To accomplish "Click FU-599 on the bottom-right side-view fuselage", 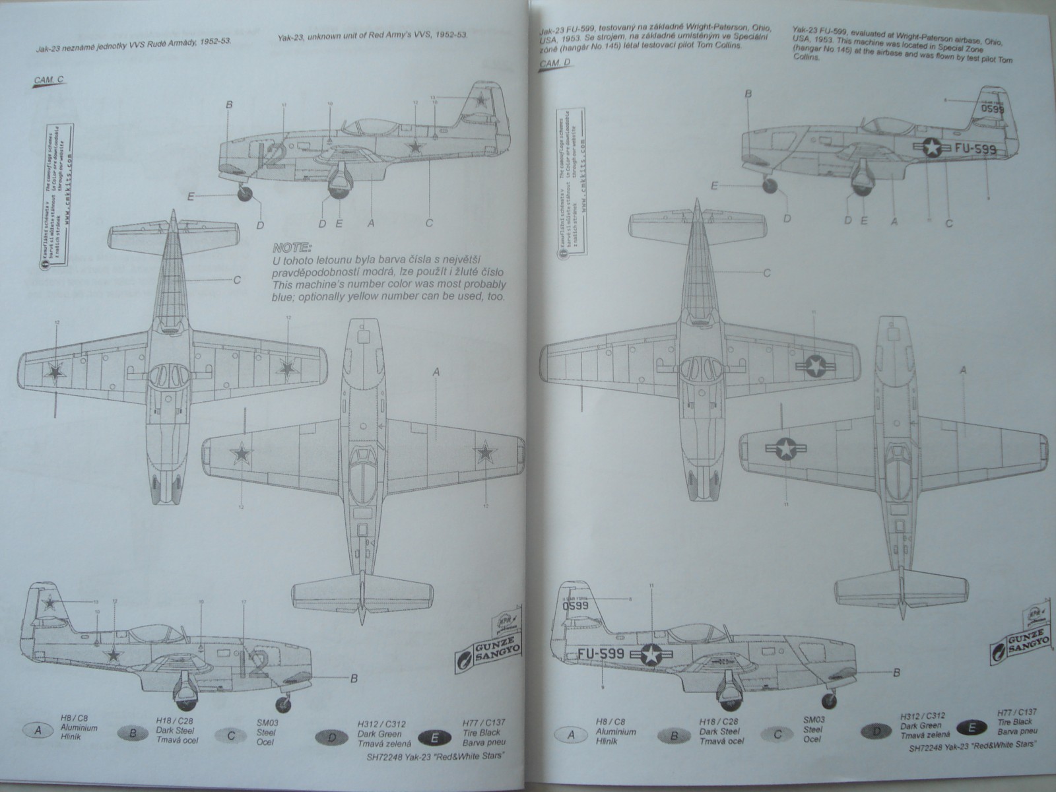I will click(600, 653).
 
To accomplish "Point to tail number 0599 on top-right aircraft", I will click(992, 108).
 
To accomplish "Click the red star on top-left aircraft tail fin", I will click(483, 102).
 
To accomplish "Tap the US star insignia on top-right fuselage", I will click(931, 150).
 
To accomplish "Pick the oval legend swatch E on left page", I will click(435, 733).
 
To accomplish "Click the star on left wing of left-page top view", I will click(53, 373).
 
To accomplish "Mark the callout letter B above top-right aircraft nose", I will click(748, 94).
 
